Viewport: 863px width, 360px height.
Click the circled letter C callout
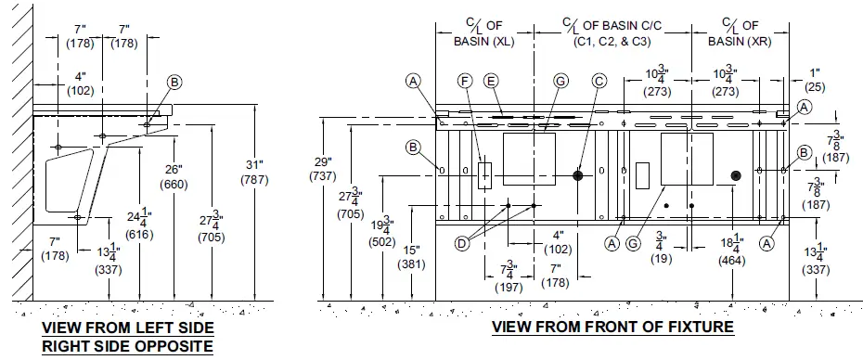tap(599, 82)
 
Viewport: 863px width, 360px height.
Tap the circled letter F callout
tap(466, 82)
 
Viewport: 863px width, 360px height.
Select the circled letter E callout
tap(492, 82)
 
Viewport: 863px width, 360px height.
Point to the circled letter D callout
tap(463, 242)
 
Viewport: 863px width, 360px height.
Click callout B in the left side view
tap(174, 83)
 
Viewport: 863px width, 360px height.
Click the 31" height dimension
tap(254, 172)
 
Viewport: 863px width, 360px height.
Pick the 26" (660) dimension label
tap(174, 177)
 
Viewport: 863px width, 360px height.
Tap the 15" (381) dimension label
tap(412, 257)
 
